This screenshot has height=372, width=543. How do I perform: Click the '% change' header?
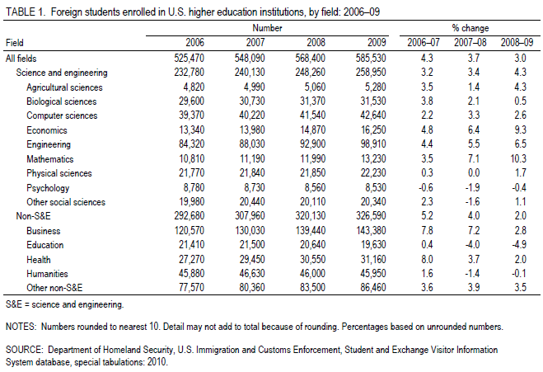coord(464,27)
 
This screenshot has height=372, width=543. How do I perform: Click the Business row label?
coord(43,230)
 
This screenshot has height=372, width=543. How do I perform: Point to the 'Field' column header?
coord(15,42)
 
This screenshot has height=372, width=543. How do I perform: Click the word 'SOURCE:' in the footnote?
coord(25,348)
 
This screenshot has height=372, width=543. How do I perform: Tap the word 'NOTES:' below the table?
coord(21,327)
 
